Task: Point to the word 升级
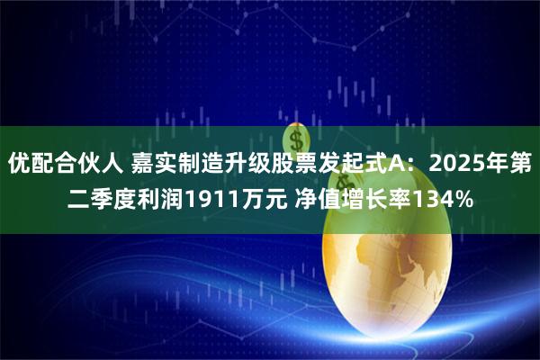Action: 247,165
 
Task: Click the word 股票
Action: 293,165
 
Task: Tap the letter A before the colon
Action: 394,165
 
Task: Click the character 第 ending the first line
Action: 520,165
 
